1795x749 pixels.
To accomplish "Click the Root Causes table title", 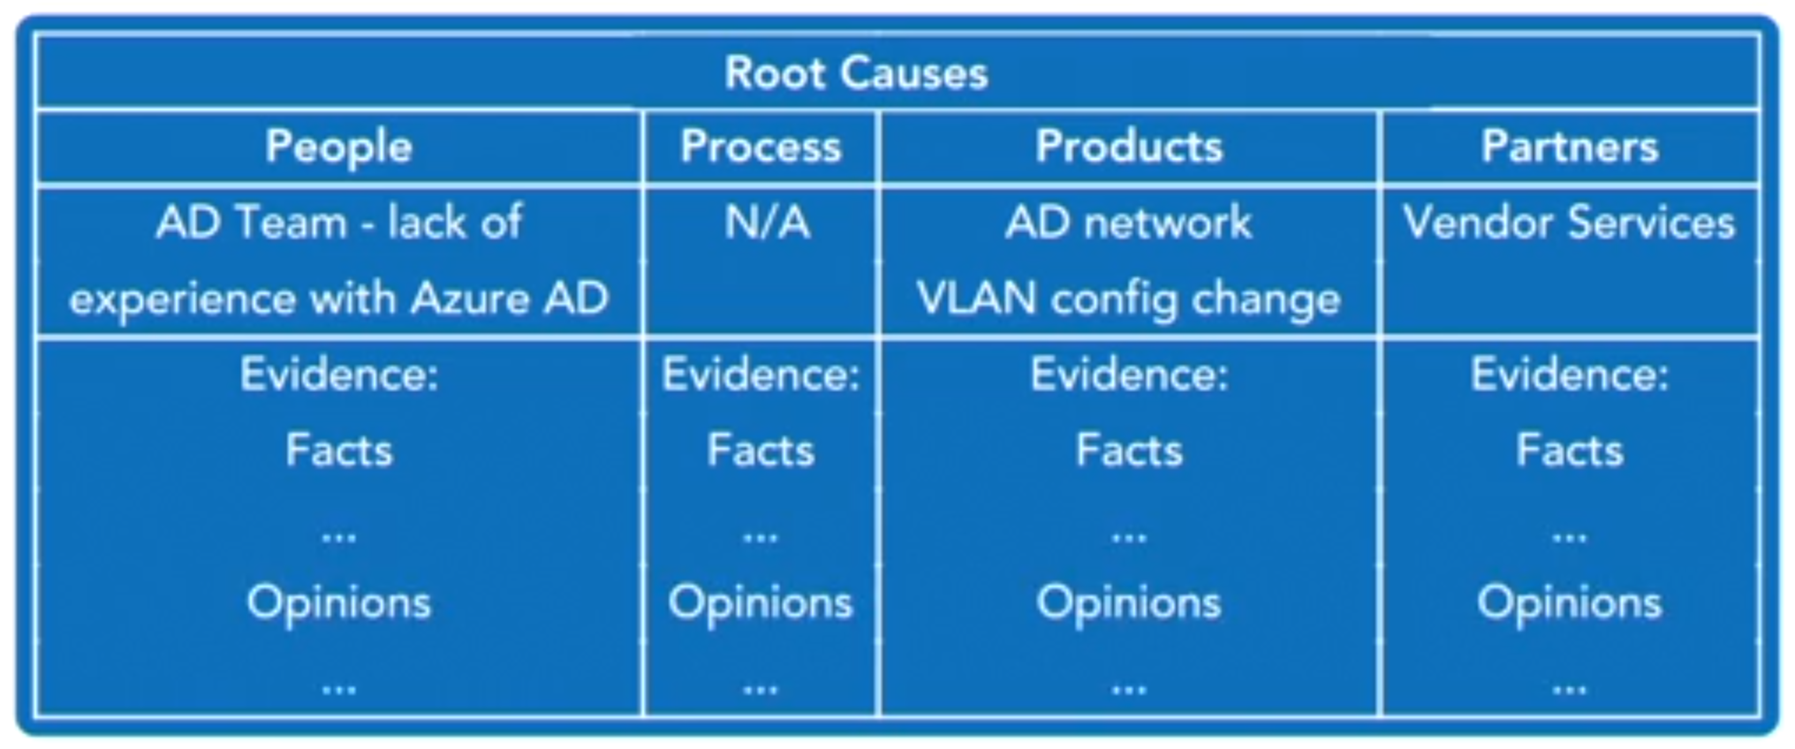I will pyautogui.click(x=855, y=72).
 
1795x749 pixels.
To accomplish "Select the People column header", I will pyautogui.click(x=338, y=147).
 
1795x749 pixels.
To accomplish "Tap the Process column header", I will pyautogui.click(x=761, y=147).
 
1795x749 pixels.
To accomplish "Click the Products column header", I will pyautogui.click(x=1129, y=147).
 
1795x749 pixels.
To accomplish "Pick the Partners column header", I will pyautogui.click(x=1569, y=147).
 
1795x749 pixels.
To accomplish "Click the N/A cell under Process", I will pyautogui.click(x=767, y=223).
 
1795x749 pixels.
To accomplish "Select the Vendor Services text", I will pyautogui.click(x=1569, y=223).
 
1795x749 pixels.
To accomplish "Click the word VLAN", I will pyautogui.click(x=975, y=299).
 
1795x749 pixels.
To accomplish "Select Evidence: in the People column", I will pyautogui.click(x=338, y=374).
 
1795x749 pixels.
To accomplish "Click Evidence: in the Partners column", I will pyautogui.click(x=1569, y=374).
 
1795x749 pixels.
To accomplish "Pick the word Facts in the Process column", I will pyautogui.click(x=761, y=450).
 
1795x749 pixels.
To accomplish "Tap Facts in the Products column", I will pyautogui.click(x=1129, y=450).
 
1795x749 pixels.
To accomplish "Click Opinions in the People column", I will pyautogui.click(x=338, y=603).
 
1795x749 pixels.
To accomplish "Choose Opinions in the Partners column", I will pyautogui.click(x=1569, y=603).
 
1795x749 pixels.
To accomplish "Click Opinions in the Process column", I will pyautogui.click(x=761, y=603).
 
